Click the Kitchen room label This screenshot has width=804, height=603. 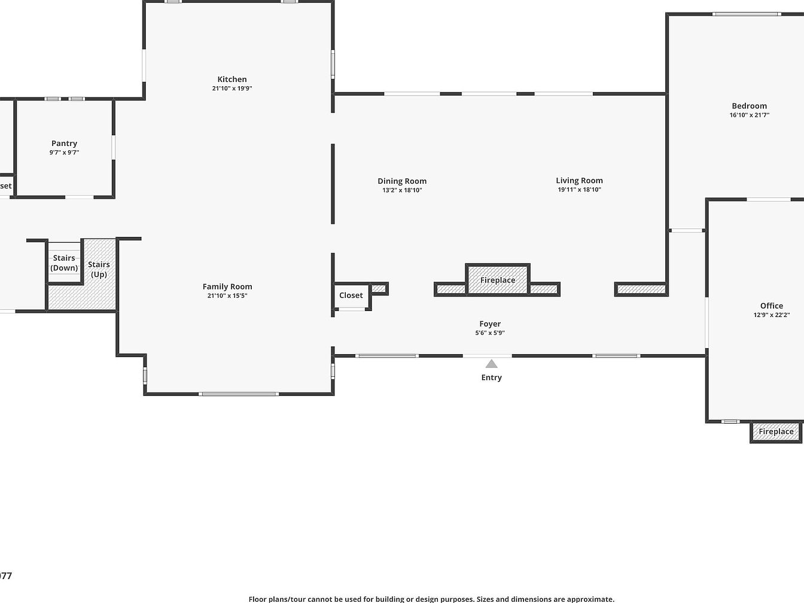pyautogui.click(x=232, y=79)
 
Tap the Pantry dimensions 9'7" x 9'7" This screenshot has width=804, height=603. pyautogui.click(x=64, y=153)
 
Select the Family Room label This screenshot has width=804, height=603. pyautogui.click(x=227, y=287)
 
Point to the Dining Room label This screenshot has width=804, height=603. pyautogui.click(x=402, y=181)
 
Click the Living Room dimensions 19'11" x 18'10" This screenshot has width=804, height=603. pyautogui.click(x=579, y=190)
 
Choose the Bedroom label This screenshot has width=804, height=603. pyautogui.click(x=749, y=106)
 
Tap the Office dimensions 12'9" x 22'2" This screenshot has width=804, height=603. pyautogui.click(x=772, y=315)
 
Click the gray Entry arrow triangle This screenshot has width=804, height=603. pyautogui.click(x=491, y=364)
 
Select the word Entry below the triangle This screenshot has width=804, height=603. pyautogui.click(x=491, y=377)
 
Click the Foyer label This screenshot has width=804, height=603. pyautogui.click(x=490, y=324)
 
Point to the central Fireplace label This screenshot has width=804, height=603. pyautogui.click(x=498, y=280)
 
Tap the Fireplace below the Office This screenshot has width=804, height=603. pyautogui.click(x=776, y=432)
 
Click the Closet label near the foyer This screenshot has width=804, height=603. pyautogui.click(x=351, y=296)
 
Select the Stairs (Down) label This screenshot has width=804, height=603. pyautogui.click(x=64, y=263)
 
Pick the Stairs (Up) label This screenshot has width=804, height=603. pyautogui.click(x=99, y=269)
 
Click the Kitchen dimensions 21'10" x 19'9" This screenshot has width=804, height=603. pyautogui.click(x=232, y=89)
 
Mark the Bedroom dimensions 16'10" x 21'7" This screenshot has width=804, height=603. pyautogui.click(x=749, y=115)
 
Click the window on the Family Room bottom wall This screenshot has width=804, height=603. pyautogui.click(x=239, y=394)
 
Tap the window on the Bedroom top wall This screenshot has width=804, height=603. pyautogui.click(x=747, y=14)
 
